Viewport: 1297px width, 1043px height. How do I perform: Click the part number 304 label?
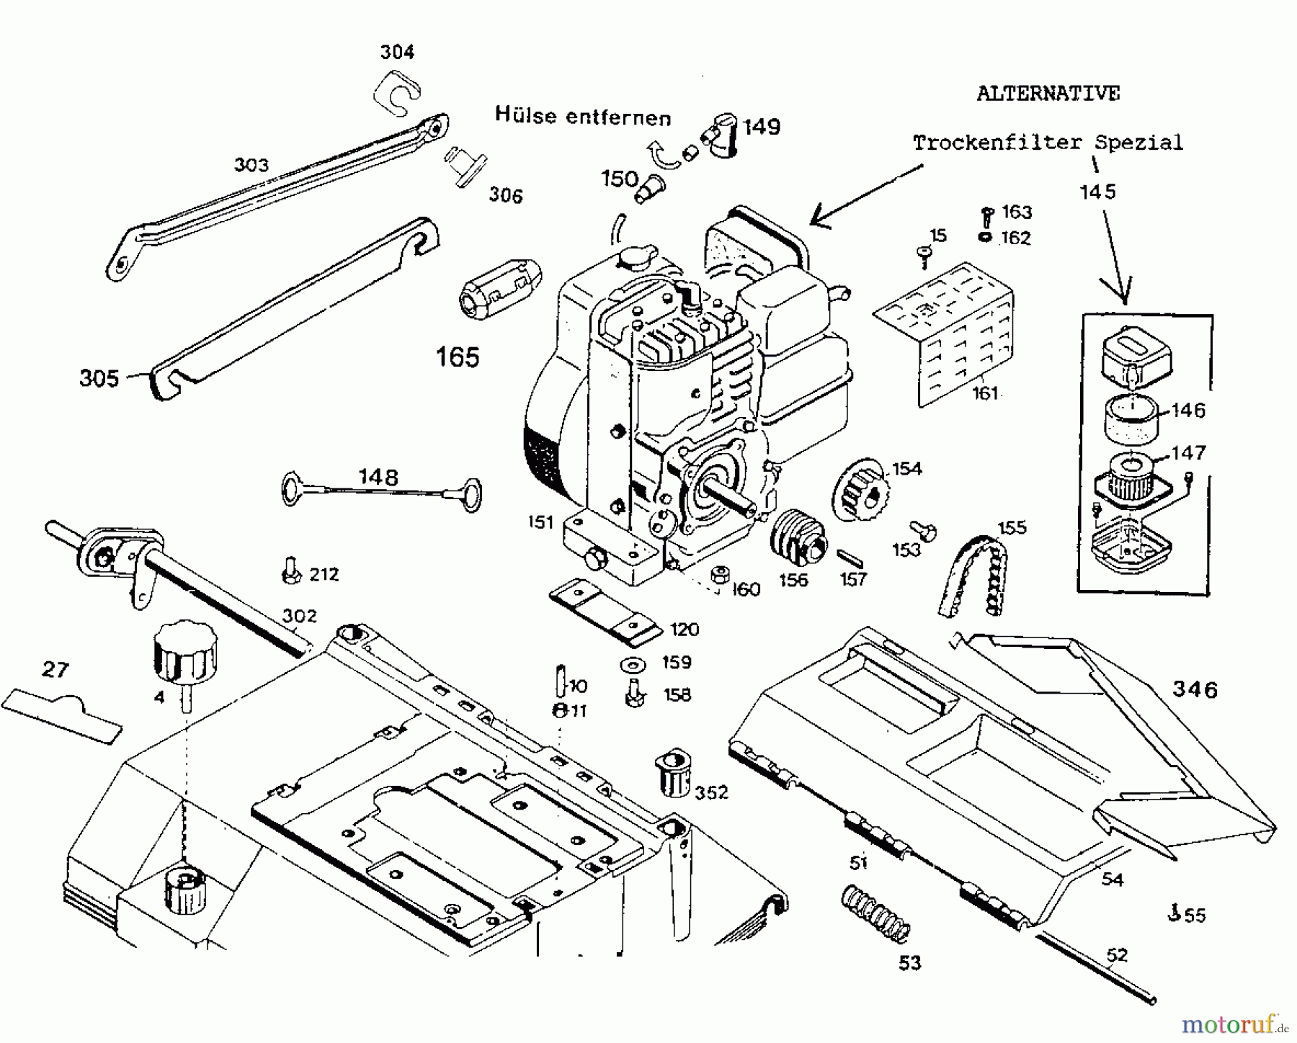pos(397,52)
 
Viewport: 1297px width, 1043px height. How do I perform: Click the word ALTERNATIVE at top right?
pos(1048,94)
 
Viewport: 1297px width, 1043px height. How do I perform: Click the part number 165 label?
pos(458,357)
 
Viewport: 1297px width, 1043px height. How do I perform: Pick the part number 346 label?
pos(1194,689)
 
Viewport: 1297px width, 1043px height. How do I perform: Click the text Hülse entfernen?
pos(582,116)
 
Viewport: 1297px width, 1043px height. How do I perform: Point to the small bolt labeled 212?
pos(290,570)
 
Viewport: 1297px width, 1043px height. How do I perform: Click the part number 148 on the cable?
pos(378,477)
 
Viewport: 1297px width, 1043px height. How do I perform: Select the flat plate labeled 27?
pos(63,709)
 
